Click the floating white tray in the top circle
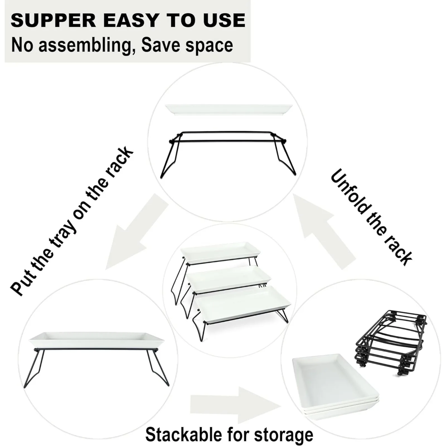(x=229, y=110)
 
